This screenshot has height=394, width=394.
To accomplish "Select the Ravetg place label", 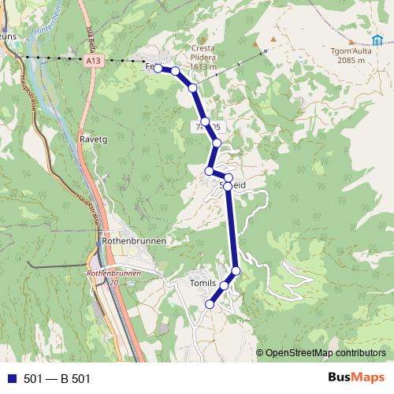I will coord(94,139).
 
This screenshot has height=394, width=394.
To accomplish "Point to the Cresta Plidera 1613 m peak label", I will coord(203,58).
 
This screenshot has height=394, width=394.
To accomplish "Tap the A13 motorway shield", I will coord(95,59).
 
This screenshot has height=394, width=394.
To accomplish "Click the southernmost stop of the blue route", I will coord(210,303).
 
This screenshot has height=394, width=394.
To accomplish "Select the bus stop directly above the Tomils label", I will coord(225,285).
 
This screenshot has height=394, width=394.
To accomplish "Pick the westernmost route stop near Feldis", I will coord(158,69).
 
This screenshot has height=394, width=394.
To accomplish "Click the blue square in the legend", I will coord(10,379).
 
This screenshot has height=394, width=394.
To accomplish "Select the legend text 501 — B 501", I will coord(57,379).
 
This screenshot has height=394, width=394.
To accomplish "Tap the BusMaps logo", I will coord(353,378).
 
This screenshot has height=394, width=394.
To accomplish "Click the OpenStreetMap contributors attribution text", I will coord(326,352).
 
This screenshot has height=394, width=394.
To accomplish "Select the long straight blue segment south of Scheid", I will coord(232,229).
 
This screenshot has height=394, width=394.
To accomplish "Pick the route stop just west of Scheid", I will coord(210,171).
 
